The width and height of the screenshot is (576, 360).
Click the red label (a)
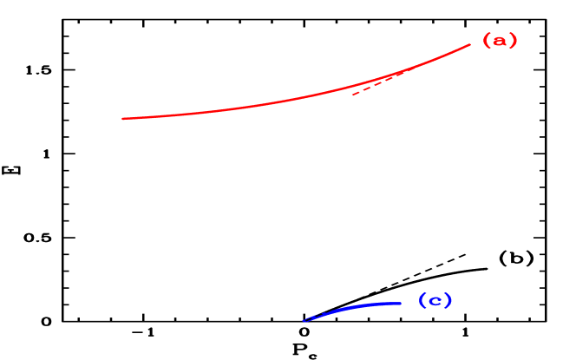[x=500, y=41]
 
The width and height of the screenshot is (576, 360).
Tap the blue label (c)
[x=435, y=301]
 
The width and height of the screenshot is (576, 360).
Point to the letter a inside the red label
[x=500, y=41]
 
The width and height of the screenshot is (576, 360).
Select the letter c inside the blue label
[x=435, y=302]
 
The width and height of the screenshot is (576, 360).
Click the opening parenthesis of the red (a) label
[x=487, y=41]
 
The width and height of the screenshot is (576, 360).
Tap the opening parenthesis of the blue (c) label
[x=422, y=301]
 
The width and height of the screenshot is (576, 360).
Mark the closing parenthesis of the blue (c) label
[x=448, y=301]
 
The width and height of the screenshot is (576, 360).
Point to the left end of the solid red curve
[x=122, y=118]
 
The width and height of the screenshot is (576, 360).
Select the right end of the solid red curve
[x=469, y=44]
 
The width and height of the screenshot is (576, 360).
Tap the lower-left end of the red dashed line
[x=352, y=94]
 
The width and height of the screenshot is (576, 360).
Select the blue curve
[x=356, y=306]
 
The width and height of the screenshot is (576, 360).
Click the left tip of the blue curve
[x=304, y=321]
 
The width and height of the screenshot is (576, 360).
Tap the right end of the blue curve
[x=401, y=303]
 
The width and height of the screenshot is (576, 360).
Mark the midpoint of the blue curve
[x=351, y=307]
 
